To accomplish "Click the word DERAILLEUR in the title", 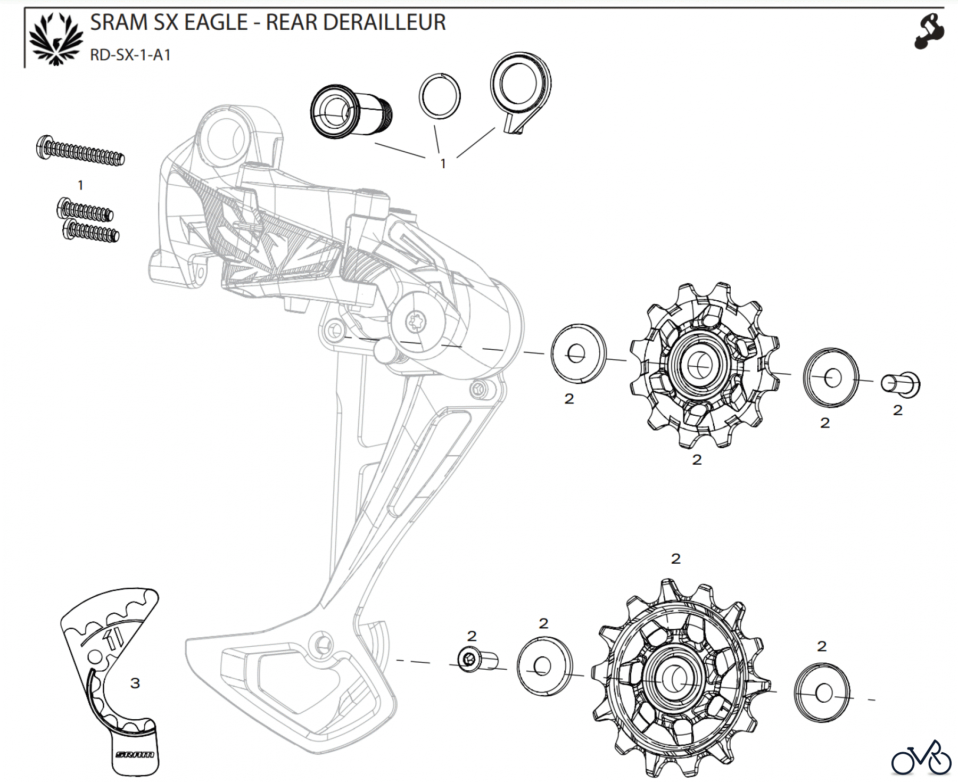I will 355,23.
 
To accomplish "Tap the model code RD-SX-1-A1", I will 130,55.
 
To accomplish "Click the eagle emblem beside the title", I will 56,39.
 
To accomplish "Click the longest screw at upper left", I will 81,150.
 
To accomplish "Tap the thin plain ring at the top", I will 440,96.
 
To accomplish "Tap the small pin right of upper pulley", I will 901,384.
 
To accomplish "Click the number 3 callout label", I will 135,683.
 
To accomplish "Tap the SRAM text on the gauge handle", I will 135,754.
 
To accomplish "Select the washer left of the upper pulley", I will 578,353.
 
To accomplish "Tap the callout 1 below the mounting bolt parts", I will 443,164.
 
